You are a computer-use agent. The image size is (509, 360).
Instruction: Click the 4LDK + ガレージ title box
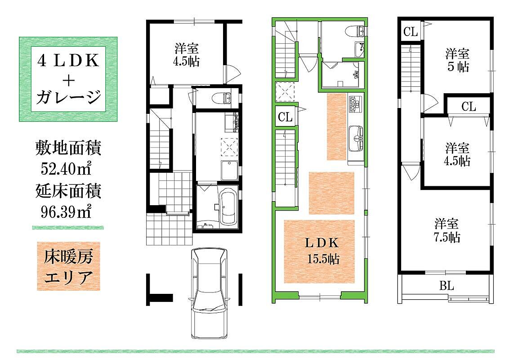click(x=68, y=79)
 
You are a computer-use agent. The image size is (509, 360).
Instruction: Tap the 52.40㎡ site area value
click(x=66, y=168)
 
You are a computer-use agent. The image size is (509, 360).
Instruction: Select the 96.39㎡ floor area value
click(x=66, y=212)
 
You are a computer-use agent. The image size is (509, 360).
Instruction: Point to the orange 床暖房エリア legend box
click(x=68, y=266)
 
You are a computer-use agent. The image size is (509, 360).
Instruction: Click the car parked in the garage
click(x=210, y=293)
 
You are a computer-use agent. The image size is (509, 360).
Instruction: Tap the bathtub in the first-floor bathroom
click(x=228, y=207)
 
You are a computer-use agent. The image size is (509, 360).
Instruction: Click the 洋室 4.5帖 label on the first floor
click(x=186, y=55)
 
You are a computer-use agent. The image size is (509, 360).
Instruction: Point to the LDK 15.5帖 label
click(x=322, y=251)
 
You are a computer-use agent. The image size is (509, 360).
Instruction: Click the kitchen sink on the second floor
click(x=357, y=139)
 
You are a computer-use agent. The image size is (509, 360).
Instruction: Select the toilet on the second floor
click(x=356, y=31)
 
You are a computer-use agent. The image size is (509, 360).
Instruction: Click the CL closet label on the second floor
click(x=286, y=116)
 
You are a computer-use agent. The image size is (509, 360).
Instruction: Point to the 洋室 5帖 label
click(x=457, y=60)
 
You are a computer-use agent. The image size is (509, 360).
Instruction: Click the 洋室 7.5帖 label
click(x=447, y=231)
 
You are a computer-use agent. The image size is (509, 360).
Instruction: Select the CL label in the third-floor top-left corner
click(x=411, y=31)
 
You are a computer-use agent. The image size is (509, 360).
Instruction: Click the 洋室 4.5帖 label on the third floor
click(x=457, y=154)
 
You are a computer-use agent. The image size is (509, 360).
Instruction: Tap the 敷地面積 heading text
click(x=68, y=148)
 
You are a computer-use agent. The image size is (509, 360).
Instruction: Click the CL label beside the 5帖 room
click(x=469, y=107)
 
